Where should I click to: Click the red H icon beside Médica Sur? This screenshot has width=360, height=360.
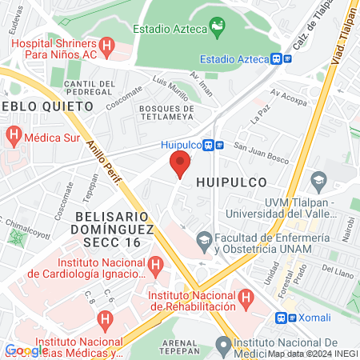[11, 135]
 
